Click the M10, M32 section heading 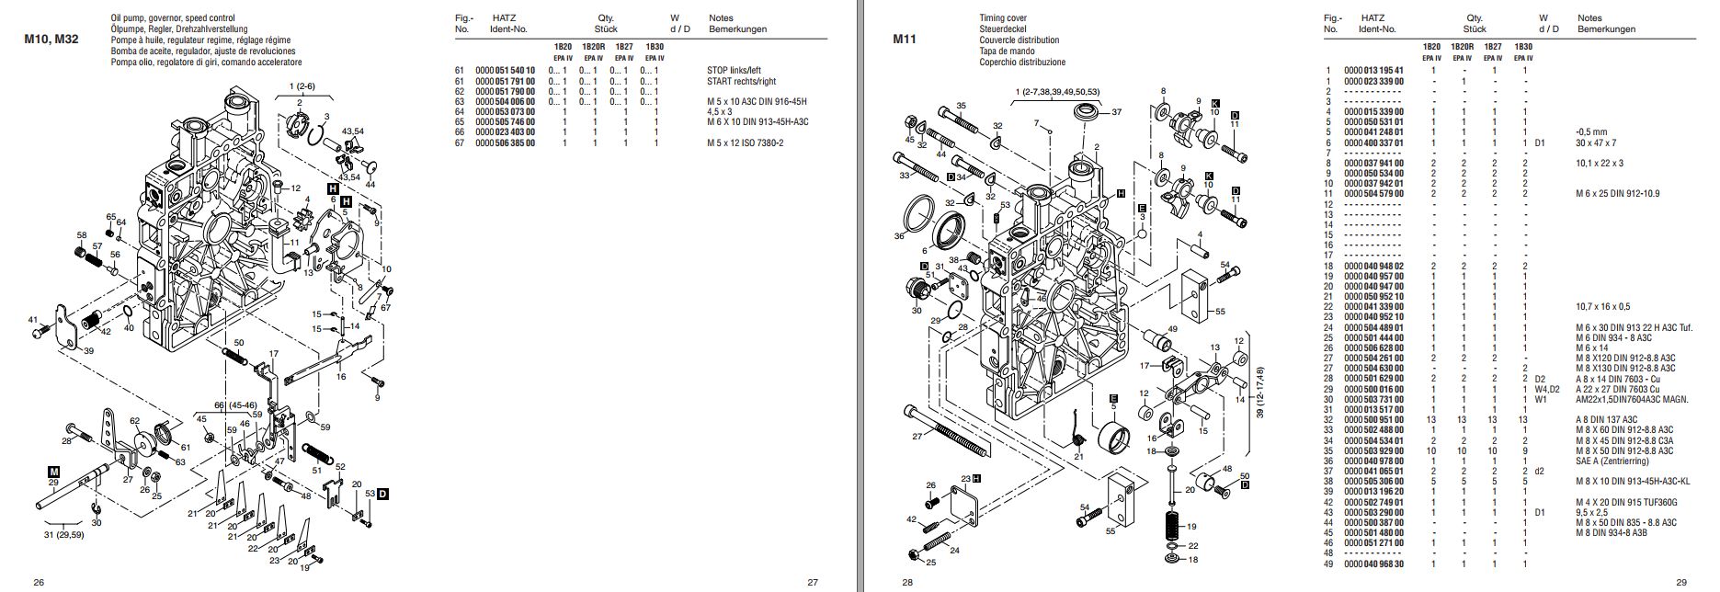coord(51,40)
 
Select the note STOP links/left coord(734,70)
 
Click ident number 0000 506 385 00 coord(505,143)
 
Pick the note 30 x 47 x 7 coord(1596,143)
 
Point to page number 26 coord(39,582)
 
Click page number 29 coord(1681,582)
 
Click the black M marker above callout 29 coord(53,471)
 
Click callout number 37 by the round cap coord(1117,112)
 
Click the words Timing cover coord(1003,18)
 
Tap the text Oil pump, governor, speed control coord(172,18)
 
